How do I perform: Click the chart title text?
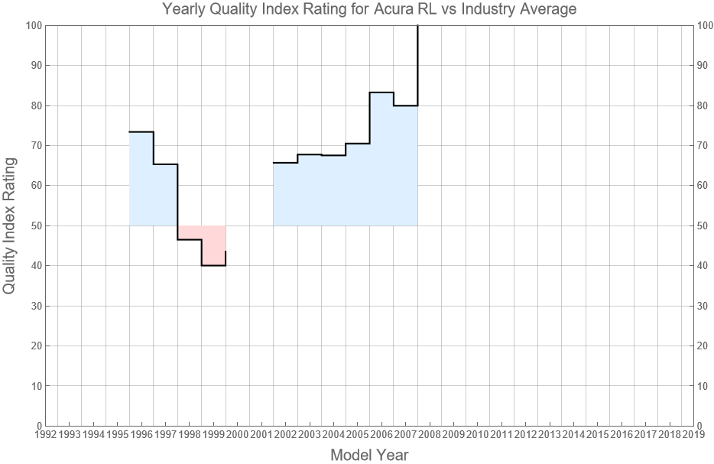click(x=369, y=10)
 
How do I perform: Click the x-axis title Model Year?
click(x=369, y=455)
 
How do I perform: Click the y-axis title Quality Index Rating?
click(x=10, y=226)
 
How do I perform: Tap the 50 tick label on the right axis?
click(x=706, y=226)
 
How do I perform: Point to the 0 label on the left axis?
click(x=38, y=426)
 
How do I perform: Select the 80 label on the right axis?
click(x=706, y=105)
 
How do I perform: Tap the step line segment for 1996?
click(x=141, y=132)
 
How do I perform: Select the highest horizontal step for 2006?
click(x=381, y=92)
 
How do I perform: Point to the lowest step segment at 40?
click(x=213, y=265)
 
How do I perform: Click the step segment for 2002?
click(x=285, y=163)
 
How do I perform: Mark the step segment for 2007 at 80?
click(x=405, y=105)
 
